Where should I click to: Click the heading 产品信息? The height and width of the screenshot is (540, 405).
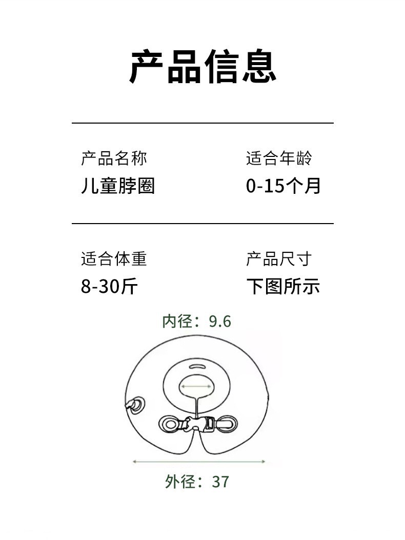(x=202, y=67)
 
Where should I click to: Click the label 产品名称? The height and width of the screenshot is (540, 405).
(x=114, y=158)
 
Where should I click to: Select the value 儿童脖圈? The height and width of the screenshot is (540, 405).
(x=118, y=186)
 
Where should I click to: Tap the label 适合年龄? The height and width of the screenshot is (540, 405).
(x=278, y=158)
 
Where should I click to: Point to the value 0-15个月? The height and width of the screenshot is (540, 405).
(x=283, y=186)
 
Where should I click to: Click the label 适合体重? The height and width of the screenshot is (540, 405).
(x=114, y=259)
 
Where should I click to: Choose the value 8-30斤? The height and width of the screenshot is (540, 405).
(x=109, y=286)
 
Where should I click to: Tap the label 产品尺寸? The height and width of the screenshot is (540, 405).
(x=278, y=259)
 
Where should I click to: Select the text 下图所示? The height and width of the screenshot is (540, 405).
(x=283, y=286)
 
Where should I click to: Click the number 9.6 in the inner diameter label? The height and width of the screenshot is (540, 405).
(x=220, y=322)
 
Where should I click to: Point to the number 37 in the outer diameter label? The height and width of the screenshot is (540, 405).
(x=220, y=482)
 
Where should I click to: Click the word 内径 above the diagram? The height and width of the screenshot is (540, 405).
(x=177, y=322)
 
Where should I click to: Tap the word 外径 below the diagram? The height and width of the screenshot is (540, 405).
(x=180, y=482)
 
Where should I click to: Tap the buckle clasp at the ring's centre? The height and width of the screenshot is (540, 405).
(x=197, y=424)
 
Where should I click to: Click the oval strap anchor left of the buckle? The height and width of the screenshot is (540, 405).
(x=169, y=424)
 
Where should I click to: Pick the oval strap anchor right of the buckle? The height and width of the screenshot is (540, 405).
(x=228, y=424)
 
